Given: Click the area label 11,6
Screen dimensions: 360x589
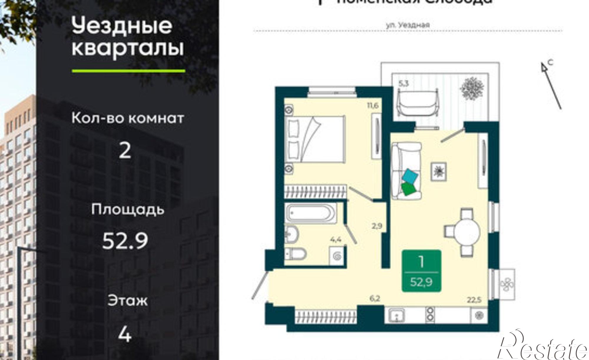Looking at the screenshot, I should click(372, 105).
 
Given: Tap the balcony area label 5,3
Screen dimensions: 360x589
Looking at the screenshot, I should click(403, 83).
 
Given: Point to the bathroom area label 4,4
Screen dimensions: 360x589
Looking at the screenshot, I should click(335, 239).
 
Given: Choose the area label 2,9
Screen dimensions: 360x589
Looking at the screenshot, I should click(377, 226).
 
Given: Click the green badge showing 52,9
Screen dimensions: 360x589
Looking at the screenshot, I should click(421, 271).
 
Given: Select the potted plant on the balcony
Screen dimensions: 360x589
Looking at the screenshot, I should click(472, 88).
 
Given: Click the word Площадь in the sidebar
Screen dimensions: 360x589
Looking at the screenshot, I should click(127, 210).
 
